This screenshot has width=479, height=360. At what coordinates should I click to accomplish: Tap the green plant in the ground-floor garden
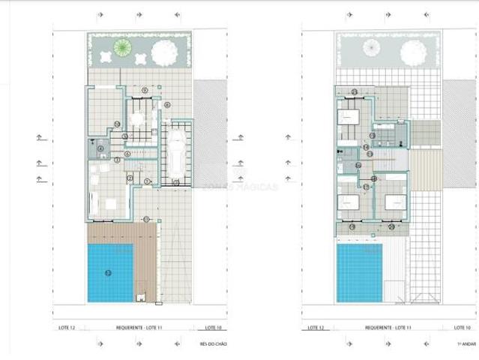click(x=122, y=48)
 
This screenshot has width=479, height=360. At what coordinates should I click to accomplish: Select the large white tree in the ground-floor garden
click(x=165, y=52)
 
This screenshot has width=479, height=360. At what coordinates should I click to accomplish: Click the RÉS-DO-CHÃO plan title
click(x=214, y=343)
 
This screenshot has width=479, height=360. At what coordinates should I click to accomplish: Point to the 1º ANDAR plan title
click(x=466, y=343)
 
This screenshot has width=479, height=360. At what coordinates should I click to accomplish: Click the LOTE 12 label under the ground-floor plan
click(x=70, y=328)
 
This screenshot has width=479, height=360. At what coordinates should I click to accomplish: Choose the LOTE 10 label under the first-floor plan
click(x=462, y=328)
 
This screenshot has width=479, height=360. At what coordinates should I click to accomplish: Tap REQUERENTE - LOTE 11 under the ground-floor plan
click(x=140, y=328)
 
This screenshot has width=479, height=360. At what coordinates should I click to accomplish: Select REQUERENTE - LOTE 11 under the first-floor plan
click(x=389, y=328)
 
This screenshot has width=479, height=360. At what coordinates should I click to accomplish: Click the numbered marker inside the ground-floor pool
click(x=108, y=272)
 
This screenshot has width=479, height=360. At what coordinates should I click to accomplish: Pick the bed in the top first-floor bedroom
click(x=347, y=118)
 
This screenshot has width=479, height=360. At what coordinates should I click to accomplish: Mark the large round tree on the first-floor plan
click(x=413, y=52)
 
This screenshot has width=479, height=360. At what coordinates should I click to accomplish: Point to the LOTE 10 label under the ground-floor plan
click(x=213, y=328)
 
